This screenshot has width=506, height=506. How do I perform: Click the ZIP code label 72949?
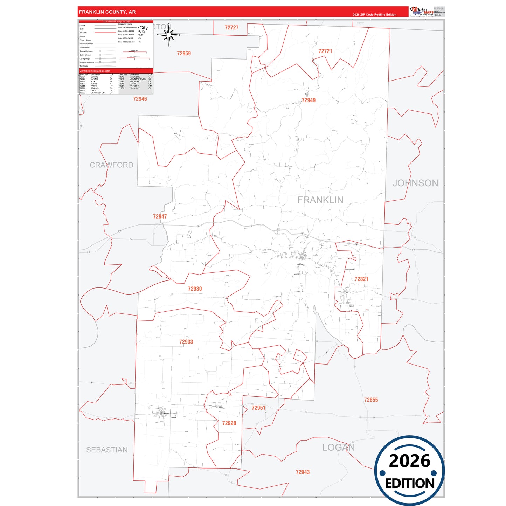pyautogui.click(x=309, y=100)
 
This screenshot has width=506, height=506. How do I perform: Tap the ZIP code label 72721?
pyautogui.click(x=325, y=51)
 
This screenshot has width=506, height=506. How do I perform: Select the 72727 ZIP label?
pyautogui.click(x=231, y=28)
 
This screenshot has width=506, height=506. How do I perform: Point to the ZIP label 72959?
pyautogui.click(x=184, y=54)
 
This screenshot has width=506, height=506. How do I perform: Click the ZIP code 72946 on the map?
pyautogui.click(x=140, y=99)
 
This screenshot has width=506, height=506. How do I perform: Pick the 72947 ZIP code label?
pyautogui.click(x=160, y=216)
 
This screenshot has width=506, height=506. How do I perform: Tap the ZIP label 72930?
pyautogui.click(x=195, y=289)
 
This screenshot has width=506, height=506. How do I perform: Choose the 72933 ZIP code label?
pyautogui.click(x=186, y=342)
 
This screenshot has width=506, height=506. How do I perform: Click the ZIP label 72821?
pyautogui.click(x=361, y=279)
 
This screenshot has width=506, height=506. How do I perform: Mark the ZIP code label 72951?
pyautogui.click(x=258, y=408)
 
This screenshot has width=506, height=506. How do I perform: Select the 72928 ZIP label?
pyautogui.click(x=229, y=423)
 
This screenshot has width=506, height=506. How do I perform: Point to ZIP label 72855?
pyautogui.click(x=371, y=400)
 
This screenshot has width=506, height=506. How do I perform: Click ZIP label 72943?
pyautogui.click(x=303, y=472)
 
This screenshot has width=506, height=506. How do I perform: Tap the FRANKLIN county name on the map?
pyautogui.click(x=320, y=200)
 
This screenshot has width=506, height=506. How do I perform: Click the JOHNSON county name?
pyautogui.click(x=415, y=183)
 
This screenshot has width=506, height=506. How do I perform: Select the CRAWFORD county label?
pyautogui.click(x=111, y=165)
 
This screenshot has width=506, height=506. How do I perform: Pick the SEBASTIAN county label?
pyautogui.click(x=107, y=450)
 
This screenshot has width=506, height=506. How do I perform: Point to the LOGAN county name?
pyautogui.click(x=338, y=448)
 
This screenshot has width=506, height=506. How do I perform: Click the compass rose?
pyautogui.click(x=169, y=35)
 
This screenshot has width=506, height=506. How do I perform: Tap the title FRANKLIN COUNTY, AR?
pyautogui.click(x=107, y=12)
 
